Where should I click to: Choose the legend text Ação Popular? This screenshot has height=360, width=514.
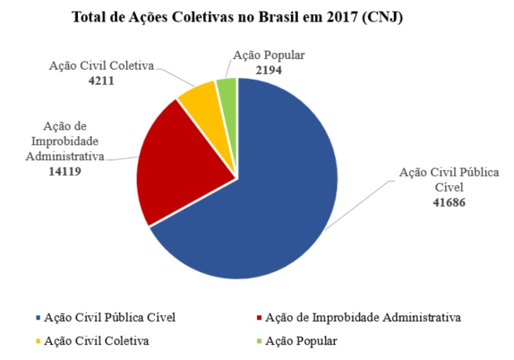tap(300, 341)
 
